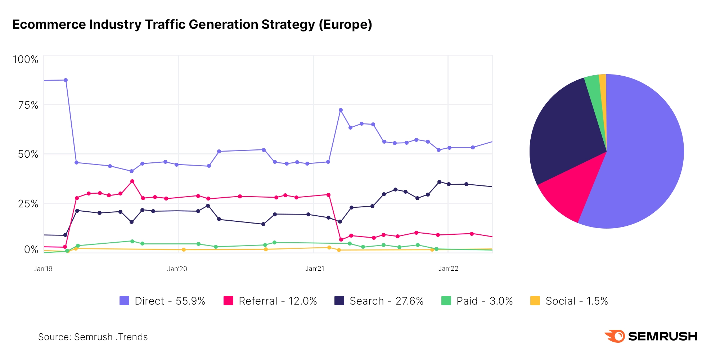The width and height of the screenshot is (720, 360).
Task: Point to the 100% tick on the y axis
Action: pos(26,59)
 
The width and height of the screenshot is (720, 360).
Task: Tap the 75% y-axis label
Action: pos(28,105)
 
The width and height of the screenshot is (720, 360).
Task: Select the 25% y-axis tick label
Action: pos(28,204)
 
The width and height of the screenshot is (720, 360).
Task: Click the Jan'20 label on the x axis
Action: pos(177,269)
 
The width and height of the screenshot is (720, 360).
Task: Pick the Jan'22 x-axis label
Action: pos(448,269)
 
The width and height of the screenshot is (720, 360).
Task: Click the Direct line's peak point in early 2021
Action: pos(341,110)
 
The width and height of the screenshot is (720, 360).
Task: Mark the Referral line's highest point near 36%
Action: pos(132,181)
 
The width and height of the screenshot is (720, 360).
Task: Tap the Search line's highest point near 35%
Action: pos(439,182)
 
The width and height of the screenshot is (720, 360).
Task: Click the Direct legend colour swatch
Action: pos(124,301)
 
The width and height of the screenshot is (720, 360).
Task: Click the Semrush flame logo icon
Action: pos(615,336)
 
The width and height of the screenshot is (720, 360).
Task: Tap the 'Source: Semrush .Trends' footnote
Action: pos(93,337)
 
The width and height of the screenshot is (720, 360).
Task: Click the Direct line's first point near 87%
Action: pos(66,80)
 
